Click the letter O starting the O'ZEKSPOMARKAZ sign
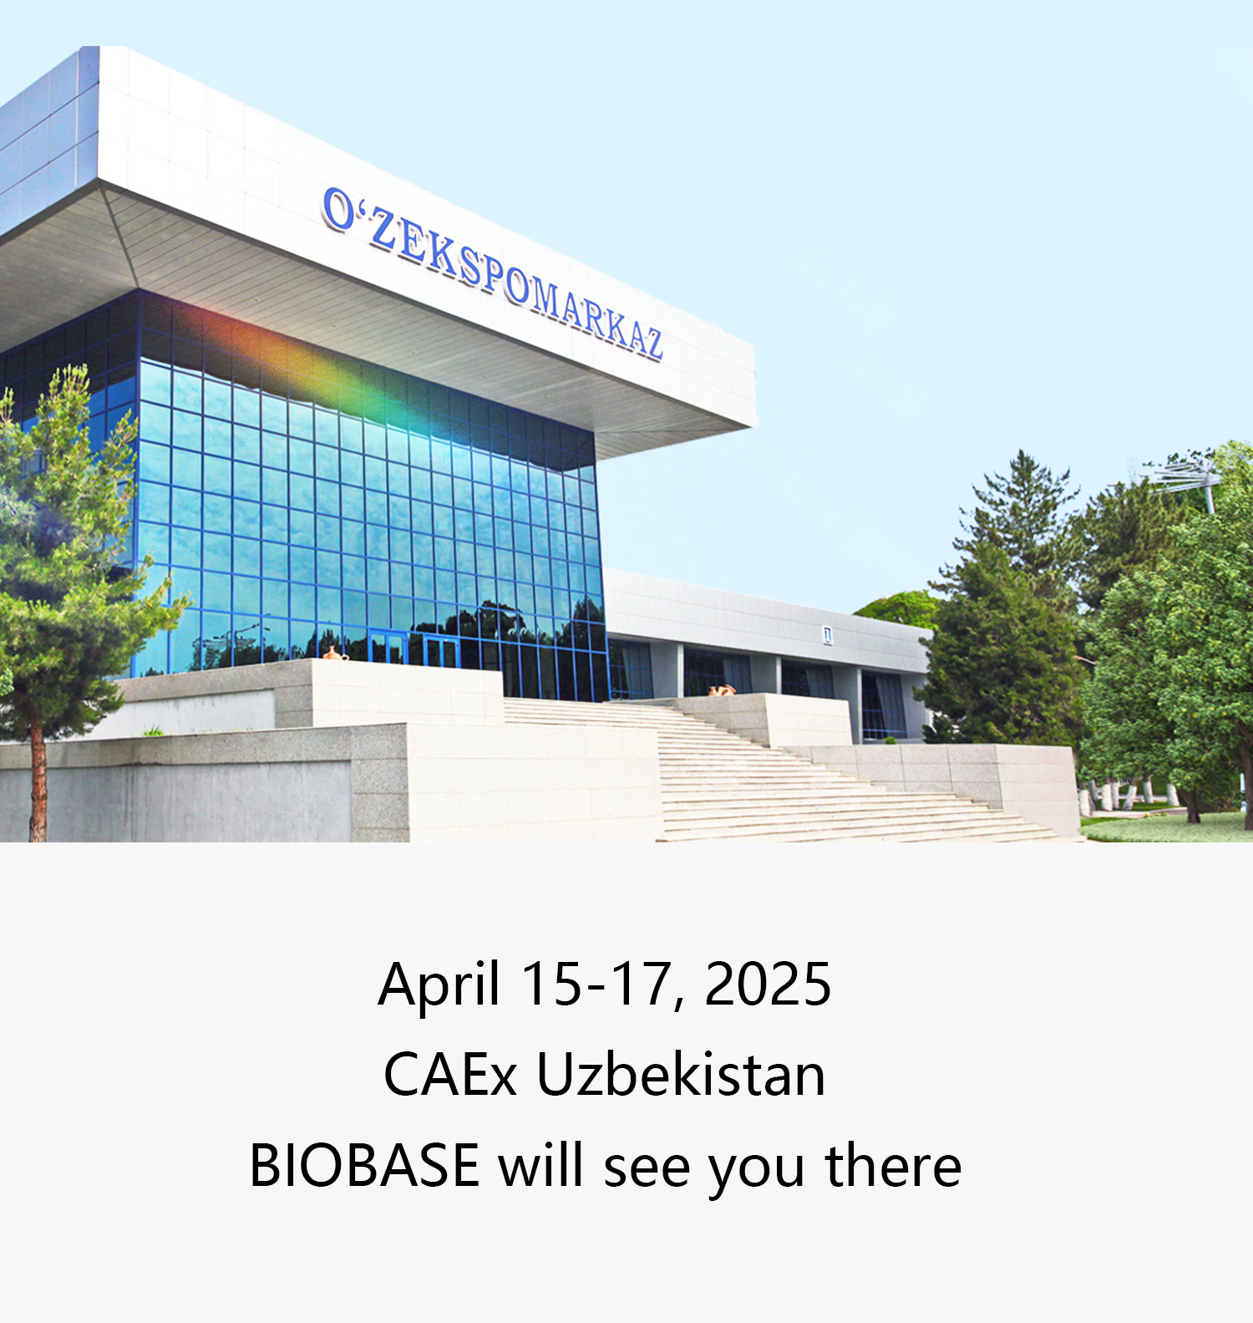[338, 209]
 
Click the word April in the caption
[439, 985]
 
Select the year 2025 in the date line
[768, 984]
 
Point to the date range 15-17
[597, 984]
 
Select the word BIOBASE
[364, 1165]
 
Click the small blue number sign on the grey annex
[828, 635]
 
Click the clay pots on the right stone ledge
[722, 689]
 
